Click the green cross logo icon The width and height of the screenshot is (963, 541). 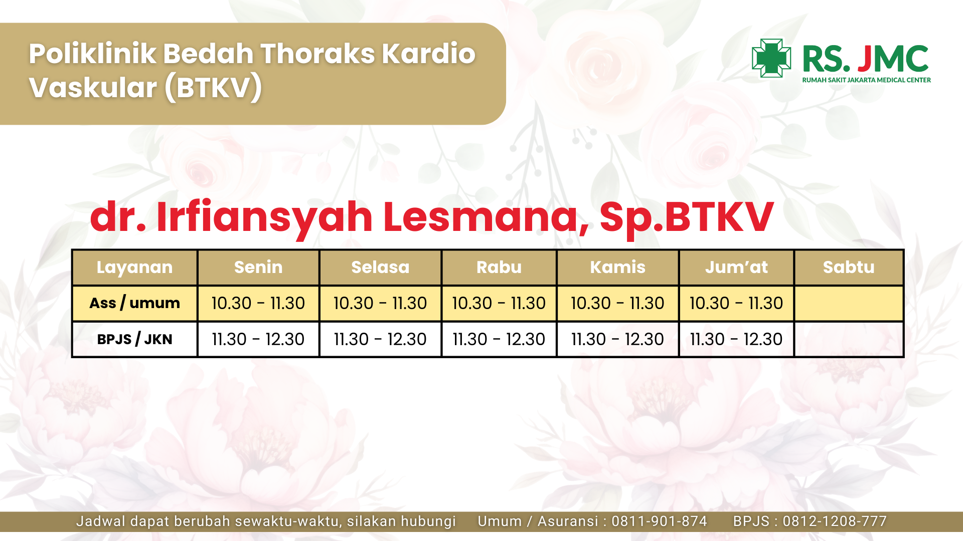(771, 58)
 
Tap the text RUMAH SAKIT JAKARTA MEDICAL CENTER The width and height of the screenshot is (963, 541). (866, 80)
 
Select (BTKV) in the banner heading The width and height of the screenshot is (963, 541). (213, 87)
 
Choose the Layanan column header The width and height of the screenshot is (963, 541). (134, 267)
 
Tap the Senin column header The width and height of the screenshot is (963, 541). (258, 267)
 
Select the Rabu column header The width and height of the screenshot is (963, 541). (499, 267)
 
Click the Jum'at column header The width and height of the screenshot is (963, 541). (736, 267)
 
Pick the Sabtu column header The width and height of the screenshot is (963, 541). (849, 267)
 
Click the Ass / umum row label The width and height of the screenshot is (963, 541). (134, 303)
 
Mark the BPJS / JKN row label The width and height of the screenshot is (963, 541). (134, 339)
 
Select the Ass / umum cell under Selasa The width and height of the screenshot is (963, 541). (380, 303)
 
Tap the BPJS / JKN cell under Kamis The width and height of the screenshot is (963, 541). (617, 339)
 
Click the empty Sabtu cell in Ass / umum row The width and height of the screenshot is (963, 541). (849, 303)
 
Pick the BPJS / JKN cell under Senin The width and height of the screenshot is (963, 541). (258, 339)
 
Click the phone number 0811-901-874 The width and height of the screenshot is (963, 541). (659, 521)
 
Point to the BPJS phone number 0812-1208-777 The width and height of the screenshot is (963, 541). (835, 521)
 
